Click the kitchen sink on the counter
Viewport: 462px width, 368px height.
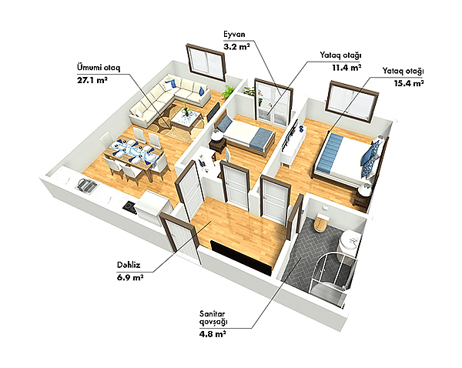[x=85, y=185]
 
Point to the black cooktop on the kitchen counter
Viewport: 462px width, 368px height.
[x=129, y=206]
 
